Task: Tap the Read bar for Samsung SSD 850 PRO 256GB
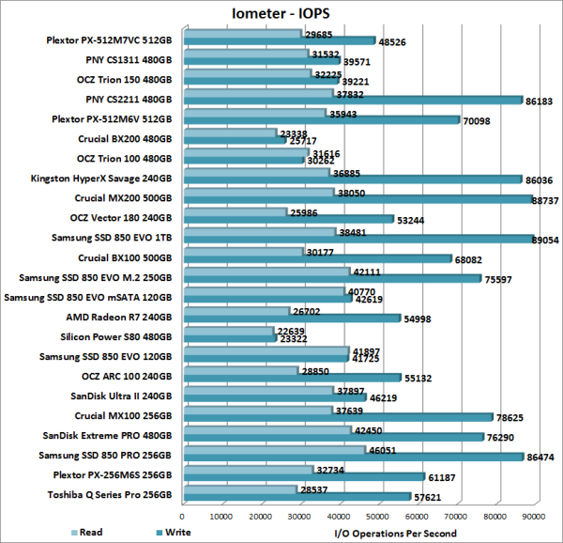point(272,450)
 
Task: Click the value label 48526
point(391,42)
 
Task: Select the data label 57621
point(427,496)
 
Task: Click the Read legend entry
point(90,533)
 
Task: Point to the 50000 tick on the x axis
point(378,517)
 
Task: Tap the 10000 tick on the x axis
point(221,517)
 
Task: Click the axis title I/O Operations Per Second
point(395,533)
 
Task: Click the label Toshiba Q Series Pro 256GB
point(111,493)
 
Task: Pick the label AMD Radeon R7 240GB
point(120,316)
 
